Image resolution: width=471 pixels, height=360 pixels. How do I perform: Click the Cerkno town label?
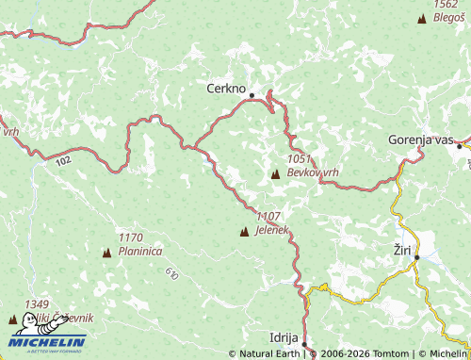[x=226, y=89]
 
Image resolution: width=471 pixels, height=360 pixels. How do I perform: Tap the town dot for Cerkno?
[x=252, y=94]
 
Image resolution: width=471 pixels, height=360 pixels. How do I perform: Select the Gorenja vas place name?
[x=420, y=139]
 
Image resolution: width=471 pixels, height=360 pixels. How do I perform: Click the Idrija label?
[x=284, y=336]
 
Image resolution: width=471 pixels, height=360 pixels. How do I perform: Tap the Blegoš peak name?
[x=447, y=17]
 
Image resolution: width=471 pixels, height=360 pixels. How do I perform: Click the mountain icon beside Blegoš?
[x=422, y=18]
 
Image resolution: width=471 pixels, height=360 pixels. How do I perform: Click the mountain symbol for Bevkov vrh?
[x=275, y=174]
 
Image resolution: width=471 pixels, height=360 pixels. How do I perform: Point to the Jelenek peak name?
[x=271, y=230]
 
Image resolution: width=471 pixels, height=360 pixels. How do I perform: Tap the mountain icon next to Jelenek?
[x=245, y=231]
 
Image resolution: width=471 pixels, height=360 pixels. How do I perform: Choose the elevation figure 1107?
[x=268, y=217]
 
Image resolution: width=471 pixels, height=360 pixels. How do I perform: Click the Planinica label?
[x=140, y=252]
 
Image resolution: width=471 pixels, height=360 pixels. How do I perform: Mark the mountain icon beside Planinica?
[x=106, y=253]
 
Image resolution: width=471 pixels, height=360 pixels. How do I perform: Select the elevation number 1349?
[x=38, y=303]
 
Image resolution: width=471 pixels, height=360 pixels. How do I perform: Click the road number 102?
[x=63, y=162]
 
